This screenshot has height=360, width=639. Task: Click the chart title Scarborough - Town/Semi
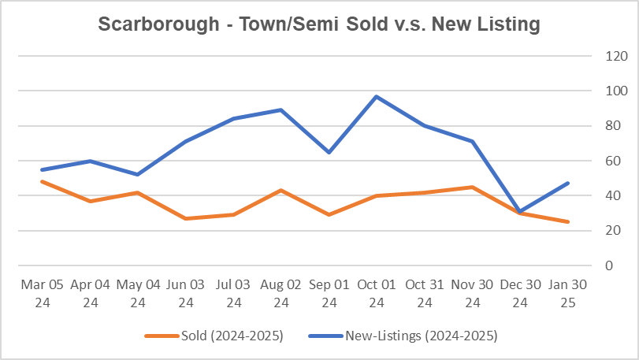319,24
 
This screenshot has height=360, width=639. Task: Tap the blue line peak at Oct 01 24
377,96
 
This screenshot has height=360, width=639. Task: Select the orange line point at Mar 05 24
41,181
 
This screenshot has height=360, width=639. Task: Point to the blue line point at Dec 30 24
520,211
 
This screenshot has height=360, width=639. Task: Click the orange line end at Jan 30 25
568,221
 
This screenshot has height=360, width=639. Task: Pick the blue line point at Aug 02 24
280,109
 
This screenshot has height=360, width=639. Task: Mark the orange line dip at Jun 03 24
185,218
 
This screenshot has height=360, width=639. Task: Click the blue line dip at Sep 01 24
329,152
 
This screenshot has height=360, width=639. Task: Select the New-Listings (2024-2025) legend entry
421,336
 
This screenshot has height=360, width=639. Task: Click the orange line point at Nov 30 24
472,187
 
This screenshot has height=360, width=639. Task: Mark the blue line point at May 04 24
137,174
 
